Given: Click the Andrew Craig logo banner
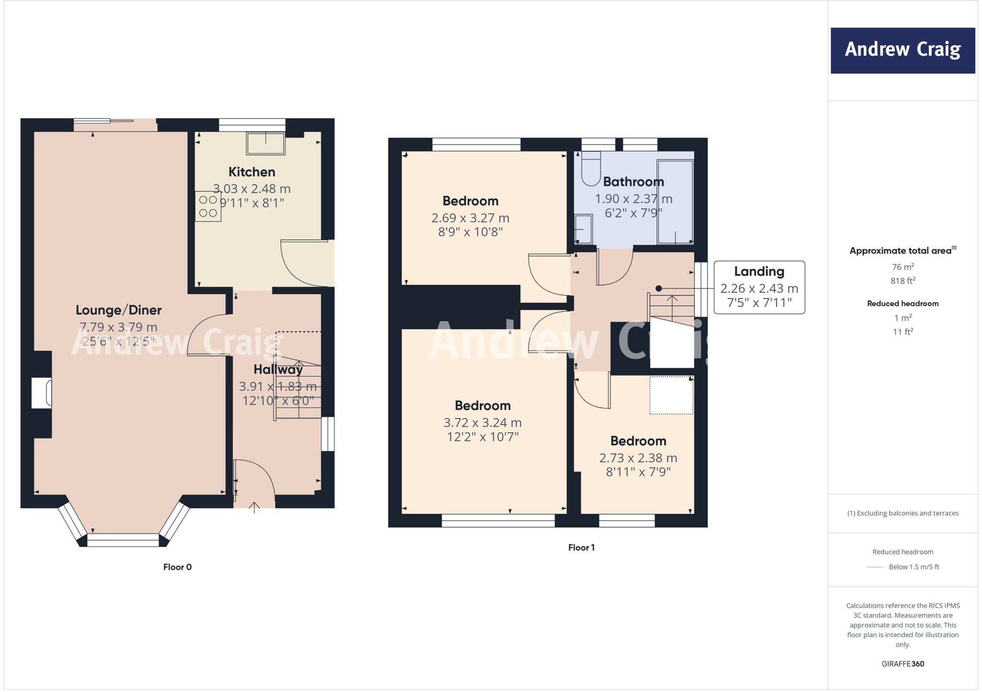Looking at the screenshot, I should (x=902, y=50).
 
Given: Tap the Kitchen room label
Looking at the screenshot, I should (x=252, y=172).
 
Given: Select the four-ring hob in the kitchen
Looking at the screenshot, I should (x=208, y=206).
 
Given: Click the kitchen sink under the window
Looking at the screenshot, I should (x=266, y=143).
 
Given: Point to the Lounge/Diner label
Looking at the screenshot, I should (x=118, y=310).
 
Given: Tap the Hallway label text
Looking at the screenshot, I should (x=278, y=370).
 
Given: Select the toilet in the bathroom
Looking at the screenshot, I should (x=591, y=169).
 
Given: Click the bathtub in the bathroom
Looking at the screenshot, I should (x=675, y=202).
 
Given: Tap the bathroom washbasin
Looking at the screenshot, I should (x=583, y=229).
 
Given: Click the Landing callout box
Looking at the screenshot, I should (x=759, y=287).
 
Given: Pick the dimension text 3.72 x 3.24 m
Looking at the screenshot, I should (x=482, y=423).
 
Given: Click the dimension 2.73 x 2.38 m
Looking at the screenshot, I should (x=638, y=458).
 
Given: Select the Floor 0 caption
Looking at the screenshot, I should (x=177, y=567).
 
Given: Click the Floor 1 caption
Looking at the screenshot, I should (x=581, y=548).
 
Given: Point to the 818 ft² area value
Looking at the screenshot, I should (x=903, y=281).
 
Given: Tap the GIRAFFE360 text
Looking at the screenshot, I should (x=902, y=664).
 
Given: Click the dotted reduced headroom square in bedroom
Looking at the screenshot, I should (x=671, y=395).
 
